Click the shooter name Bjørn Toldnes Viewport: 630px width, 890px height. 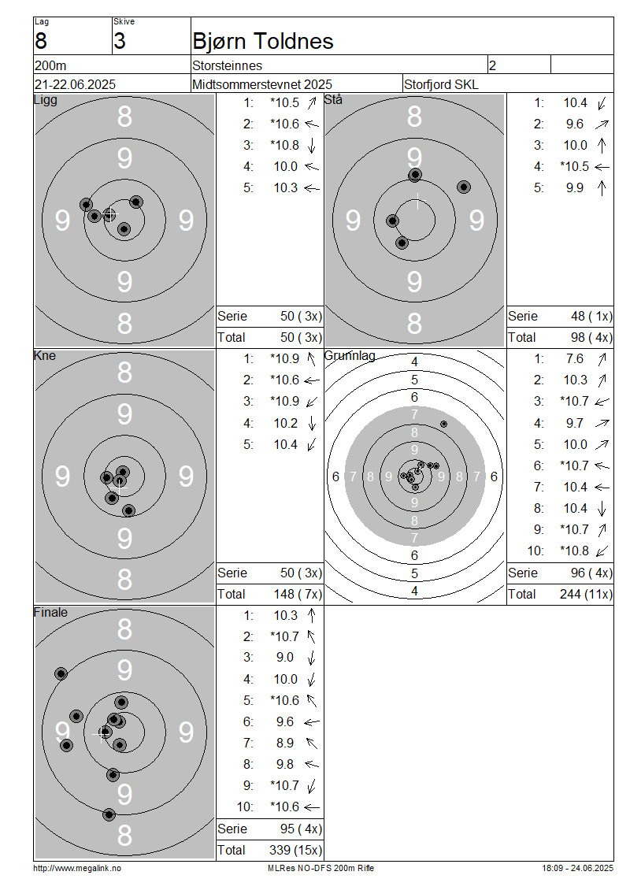pos(263,42)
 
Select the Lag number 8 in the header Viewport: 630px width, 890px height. pos(41,42)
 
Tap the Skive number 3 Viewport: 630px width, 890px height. pos(119,42)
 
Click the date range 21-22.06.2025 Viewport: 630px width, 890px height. pos(75,84)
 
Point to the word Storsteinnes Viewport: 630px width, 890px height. pos(227,66)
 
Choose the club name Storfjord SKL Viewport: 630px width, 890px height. pos(441,84)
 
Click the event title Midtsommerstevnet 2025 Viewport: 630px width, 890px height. pos(262,84)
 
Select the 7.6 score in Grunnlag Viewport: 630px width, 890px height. pos(574,358)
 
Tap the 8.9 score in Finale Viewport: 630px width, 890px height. pos(285,743)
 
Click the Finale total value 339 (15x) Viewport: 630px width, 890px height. pos(295,851)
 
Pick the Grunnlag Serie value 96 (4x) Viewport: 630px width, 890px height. pos(591,573)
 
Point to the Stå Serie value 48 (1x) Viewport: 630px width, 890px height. pos(591,316)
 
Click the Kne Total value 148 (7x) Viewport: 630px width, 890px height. pos(298,595)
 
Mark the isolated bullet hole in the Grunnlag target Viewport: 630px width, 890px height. pos(444,424)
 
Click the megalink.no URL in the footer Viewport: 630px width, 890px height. pos(77,868)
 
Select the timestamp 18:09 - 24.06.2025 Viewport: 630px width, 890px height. pos(577,868)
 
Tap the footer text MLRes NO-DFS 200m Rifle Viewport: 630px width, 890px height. pos(321,868)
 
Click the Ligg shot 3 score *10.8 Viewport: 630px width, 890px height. pos(284,145)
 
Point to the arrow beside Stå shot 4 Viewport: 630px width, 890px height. pos(602,167)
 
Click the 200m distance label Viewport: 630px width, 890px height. pos(50,66)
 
